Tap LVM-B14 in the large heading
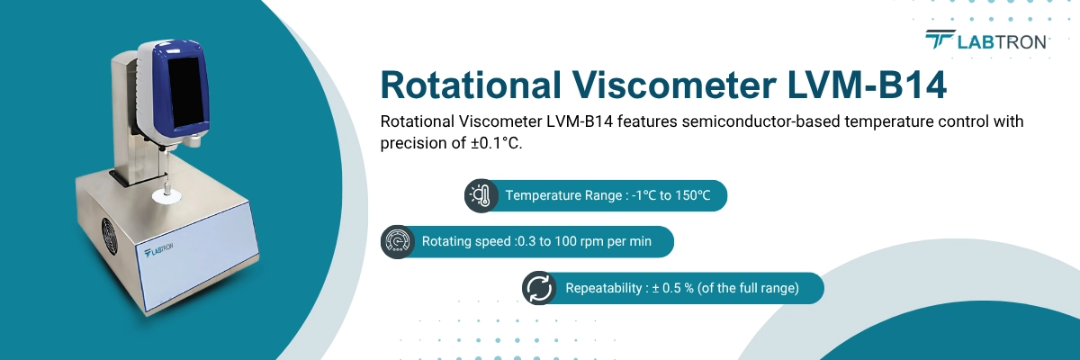click(872, 85)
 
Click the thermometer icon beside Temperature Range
click(481, 195)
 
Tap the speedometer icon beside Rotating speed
click(397, 242)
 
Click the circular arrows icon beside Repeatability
click(539, 288)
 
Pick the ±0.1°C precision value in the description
click(489, 144)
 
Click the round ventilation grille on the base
click(109, 238)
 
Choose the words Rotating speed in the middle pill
click(465, 242)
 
